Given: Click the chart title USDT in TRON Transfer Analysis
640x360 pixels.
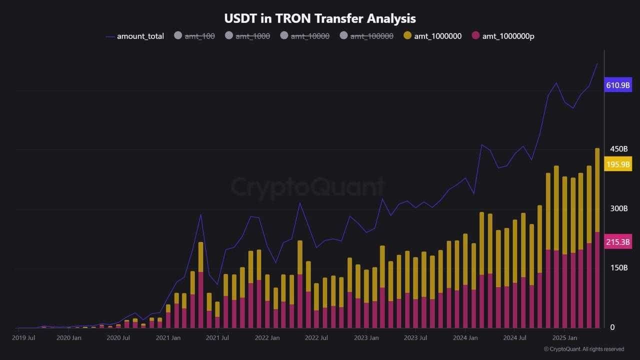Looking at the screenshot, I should tap(320, 18).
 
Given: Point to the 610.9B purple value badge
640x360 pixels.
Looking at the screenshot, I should tap(618, 85).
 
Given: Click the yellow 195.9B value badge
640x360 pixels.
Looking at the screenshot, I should tap(618, 164).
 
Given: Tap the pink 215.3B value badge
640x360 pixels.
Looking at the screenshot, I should tap(618, 242).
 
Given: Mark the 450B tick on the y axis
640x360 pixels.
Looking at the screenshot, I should tap(618, 149).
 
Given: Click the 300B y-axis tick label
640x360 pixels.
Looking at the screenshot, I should tap(618, 208).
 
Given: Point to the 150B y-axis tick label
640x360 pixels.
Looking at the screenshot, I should tap(618, 267).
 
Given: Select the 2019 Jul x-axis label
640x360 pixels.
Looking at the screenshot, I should tap(23, 338).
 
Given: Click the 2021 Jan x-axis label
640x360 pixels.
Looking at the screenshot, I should tap(168, 338).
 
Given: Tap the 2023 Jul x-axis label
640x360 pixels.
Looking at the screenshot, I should tap(416, 338).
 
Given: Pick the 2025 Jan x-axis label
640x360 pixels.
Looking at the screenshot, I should tap(563, 338).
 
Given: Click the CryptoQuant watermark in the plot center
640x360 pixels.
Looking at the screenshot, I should tap(307, 187).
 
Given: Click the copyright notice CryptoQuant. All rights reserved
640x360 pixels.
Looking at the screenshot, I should tap(583, 349).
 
